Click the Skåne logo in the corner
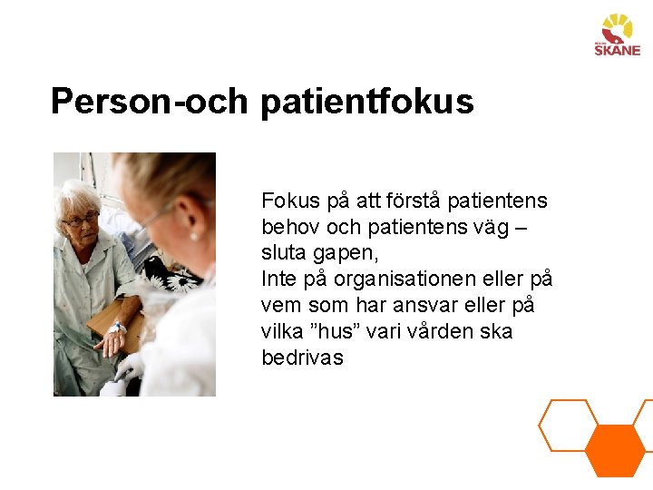pos(617,35)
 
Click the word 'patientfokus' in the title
pos(366,102)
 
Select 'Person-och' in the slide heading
pos(149,102)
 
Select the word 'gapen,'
pos(346,253)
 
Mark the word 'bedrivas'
pos(302,358)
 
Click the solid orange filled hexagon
pos(614,450)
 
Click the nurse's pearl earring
pos(193,235)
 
